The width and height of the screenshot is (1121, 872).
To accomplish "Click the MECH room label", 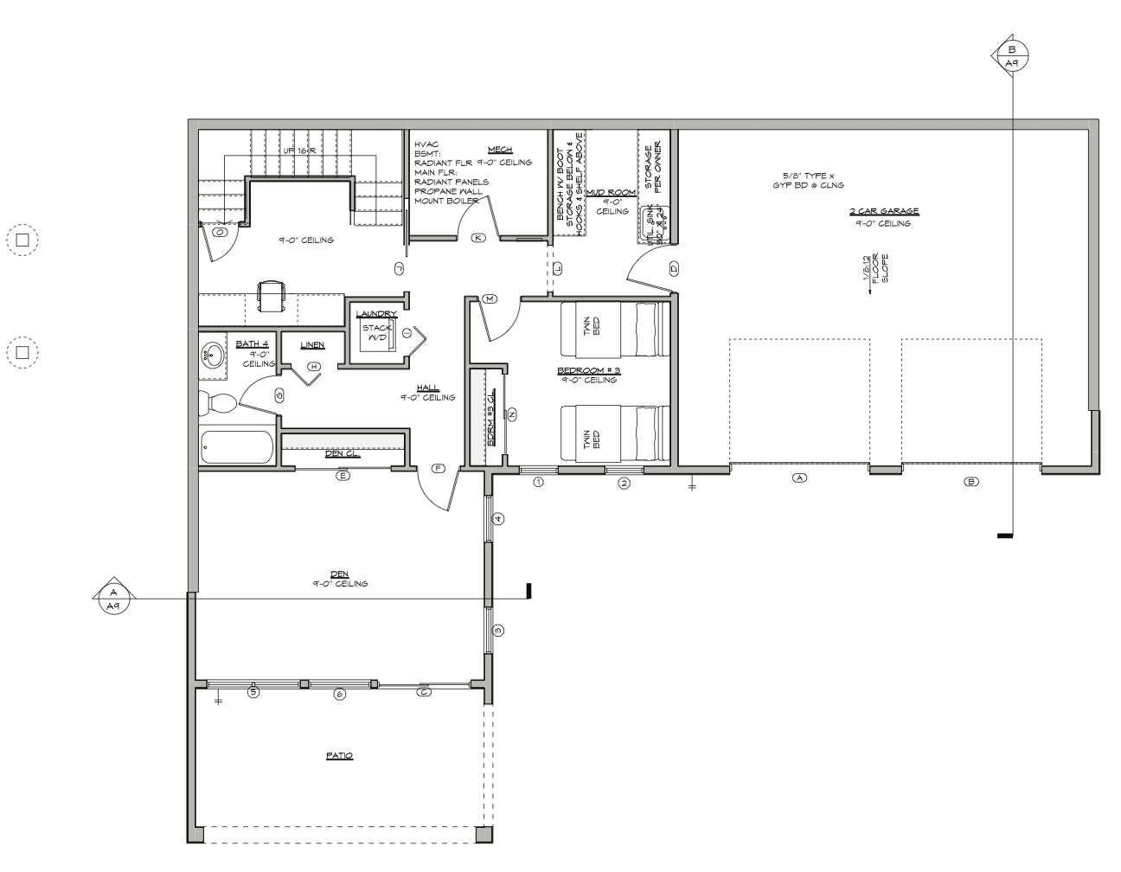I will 500,150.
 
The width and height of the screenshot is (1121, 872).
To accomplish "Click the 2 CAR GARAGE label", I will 883,211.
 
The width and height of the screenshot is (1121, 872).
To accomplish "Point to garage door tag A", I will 799,478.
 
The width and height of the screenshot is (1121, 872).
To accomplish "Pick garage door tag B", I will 971,481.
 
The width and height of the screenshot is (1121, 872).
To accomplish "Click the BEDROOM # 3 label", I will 589,369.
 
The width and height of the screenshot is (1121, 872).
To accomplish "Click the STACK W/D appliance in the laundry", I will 377,333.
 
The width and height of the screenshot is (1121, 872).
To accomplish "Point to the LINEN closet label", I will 312,345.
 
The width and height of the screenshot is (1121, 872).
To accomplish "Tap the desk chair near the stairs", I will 271,294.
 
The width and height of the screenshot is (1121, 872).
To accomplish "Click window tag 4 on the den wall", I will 497,519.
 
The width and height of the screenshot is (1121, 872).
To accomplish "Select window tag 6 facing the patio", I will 339,694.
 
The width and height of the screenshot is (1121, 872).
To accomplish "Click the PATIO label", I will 339,755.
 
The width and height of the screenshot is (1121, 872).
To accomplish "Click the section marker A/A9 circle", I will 112,598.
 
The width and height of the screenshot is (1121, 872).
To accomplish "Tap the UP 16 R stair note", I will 300,151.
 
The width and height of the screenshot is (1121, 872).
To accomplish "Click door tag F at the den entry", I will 438,469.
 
